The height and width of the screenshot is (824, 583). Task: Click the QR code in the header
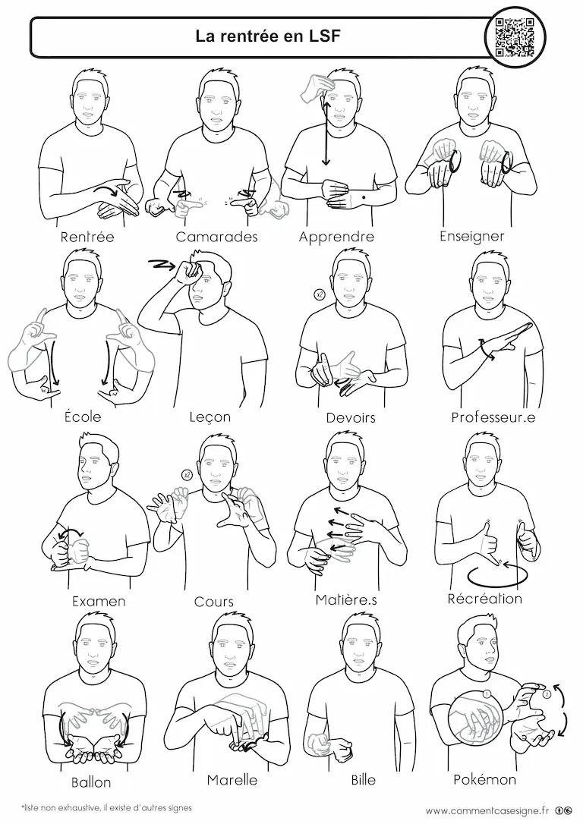(515, 36)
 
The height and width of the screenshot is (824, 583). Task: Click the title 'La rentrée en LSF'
(268, 36)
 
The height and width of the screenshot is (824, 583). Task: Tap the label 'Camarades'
(216, 237)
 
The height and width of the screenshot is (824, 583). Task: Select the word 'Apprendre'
(336, 237)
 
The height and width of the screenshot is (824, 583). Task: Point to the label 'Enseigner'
(471, 237)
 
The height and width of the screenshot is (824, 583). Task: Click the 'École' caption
(83, 417)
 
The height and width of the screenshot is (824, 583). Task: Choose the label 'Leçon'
(210, 417)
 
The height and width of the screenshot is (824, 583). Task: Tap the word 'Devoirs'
(351, 418)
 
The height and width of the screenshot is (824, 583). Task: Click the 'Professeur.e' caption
(493, 417)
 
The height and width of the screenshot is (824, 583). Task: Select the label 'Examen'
(99, 601)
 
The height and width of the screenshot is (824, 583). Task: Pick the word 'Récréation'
(484, 599)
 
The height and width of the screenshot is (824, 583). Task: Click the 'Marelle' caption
(232, 780)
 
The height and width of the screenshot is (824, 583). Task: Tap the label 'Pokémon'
(484, 779)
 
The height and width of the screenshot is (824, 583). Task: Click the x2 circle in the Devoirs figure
(319, 295)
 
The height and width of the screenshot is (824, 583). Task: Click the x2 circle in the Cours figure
(185, 475)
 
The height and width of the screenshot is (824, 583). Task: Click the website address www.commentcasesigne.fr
(487, 810)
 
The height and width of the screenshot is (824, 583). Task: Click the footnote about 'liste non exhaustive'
(106, 808)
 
